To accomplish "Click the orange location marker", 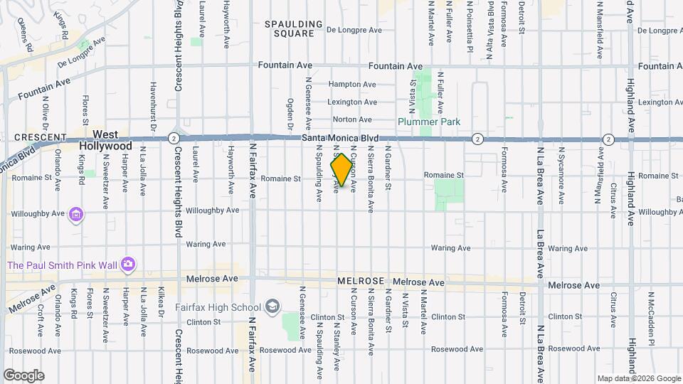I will (341, 170).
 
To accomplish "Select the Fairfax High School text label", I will (218, 307).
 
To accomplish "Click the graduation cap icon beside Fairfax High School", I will (271, 307).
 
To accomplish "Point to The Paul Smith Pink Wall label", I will (63, 265).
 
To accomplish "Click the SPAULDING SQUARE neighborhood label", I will (290, 28).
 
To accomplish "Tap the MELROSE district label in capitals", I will (361, 282).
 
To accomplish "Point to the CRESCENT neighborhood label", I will (41, 137).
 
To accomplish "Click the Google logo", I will (23, 375).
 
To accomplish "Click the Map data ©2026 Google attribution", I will (638, 378).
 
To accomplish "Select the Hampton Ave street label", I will (351, 84).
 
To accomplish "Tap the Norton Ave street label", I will (352, 119).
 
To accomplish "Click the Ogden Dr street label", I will (290, 114).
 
